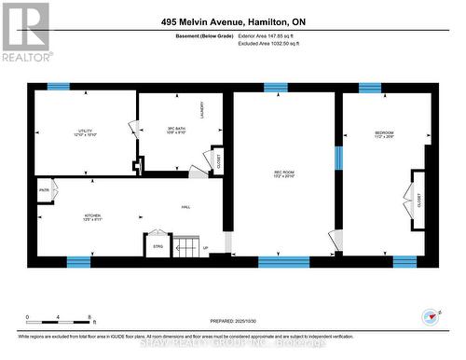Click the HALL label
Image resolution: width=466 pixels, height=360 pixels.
(186, 207)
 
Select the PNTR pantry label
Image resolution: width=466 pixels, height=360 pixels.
(44, 192)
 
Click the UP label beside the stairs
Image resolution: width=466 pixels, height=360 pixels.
(205, 248)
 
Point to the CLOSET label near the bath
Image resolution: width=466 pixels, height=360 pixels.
(218, 161)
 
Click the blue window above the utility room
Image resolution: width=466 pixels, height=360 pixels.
(59, 87)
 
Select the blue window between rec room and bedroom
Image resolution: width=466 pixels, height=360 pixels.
(338, 159)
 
